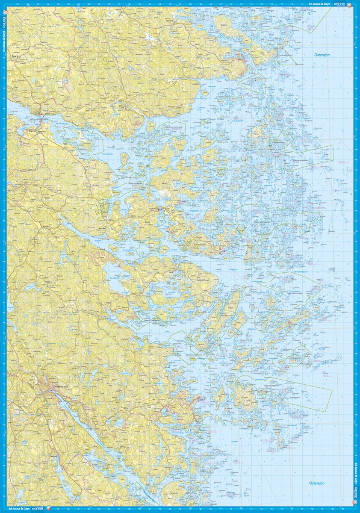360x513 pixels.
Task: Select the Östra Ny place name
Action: (x=16, y=61)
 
